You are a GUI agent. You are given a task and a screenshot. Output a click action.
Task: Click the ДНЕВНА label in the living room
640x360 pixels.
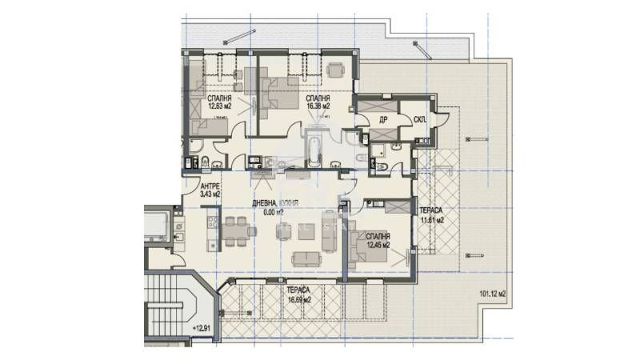pos(265,203)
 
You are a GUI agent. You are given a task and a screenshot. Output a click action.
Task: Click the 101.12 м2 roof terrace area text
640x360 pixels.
pos(494,292)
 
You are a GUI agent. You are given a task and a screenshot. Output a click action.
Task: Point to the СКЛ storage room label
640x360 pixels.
pos(419,120)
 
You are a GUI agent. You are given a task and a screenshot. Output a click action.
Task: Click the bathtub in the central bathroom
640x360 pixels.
pos(314,150)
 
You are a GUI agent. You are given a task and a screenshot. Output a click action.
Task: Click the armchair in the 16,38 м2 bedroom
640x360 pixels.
pos(334,70)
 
